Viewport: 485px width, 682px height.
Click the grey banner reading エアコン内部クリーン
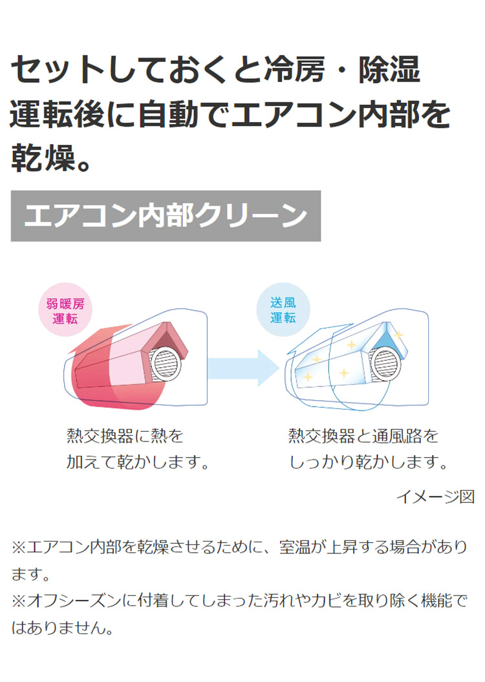(x=166, y=216)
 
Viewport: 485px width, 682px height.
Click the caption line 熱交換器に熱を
(x=125, y=436)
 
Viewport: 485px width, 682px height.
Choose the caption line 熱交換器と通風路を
(x=363, y=436)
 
